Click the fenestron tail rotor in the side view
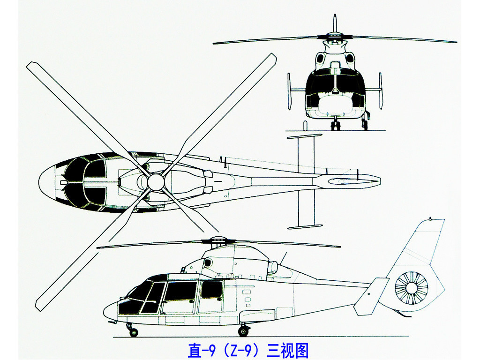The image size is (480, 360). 411,288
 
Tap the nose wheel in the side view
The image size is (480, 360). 134,332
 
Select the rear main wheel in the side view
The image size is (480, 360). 243,331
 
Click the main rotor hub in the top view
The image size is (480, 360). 157,182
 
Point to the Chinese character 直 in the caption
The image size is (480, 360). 195,350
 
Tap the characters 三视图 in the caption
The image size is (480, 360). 287,350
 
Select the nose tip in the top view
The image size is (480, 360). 39,182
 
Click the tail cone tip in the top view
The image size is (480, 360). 380,181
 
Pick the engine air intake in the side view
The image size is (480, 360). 208,262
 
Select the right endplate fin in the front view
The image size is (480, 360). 381,91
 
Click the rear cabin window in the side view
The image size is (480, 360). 211,289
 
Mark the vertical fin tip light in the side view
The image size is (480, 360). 430,218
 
